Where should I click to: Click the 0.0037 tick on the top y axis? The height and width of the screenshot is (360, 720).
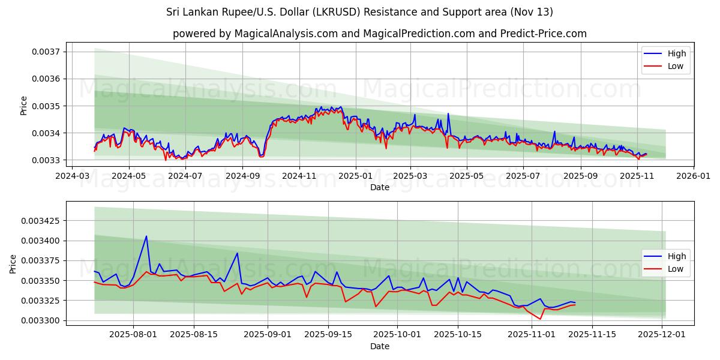click(47, 52)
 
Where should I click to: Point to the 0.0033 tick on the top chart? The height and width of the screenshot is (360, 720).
click(47, 160)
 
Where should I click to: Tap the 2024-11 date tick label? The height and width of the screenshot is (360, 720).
click(299, 176)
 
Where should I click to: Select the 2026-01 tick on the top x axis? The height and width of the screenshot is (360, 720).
click(693, 176)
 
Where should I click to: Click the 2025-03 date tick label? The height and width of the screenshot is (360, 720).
click(410, 176)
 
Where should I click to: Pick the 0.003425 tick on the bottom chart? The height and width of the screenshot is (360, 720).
click(41, 221)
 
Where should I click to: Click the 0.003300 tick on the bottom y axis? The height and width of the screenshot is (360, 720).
click(41, 320)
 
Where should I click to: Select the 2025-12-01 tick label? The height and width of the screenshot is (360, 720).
click(662, 335)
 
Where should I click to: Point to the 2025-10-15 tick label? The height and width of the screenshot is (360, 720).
click(458, 335)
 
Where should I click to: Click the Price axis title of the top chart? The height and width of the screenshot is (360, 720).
click(24, 106)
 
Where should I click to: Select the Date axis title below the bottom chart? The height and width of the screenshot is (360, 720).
click(379, 346)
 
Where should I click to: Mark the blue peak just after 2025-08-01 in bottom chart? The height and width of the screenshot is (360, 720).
click(146, 236)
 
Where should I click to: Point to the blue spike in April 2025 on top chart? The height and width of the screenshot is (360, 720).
click(448, 113)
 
